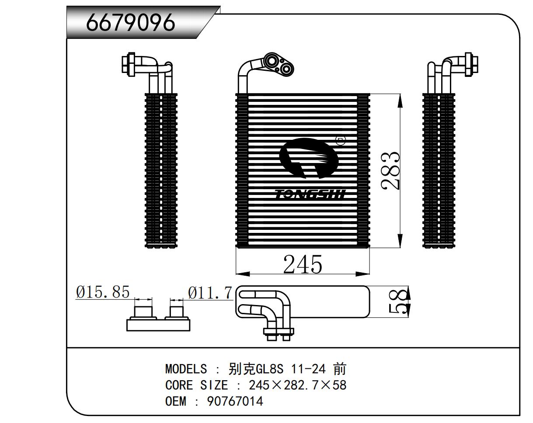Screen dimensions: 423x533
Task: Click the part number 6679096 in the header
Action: coord(130,22)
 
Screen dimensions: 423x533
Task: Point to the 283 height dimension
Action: coord(390,171)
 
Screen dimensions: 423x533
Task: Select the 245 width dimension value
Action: coord(302,264)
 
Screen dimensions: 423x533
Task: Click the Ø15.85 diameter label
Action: coord(103,291)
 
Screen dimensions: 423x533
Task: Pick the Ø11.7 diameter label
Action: coord(210,292)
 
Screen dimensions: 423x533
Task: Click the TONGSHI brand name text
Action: coord(310,194)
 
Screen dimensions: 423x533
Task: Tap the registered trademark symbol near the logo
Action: coord(340,141)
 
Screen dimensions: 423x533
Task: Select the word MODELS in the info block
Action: coord(186,369)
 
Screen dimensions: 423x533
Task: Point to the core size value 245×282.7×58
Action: coord(297,385)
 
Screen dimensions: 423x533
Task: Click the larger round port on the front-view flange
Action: coord(271,60)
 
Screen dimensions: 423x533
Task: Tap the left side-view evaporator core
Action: coord(161,170)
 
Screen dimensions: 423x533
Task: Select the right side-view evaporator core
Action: coord(439,170)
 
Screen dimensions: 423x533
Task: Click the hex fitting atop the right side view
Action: coord(471,63)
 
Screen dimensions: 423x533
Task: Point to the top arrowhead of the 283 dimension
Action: coord(400,101)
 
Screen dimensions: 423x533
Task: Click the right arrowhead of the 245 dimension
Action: coord(362,274)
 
